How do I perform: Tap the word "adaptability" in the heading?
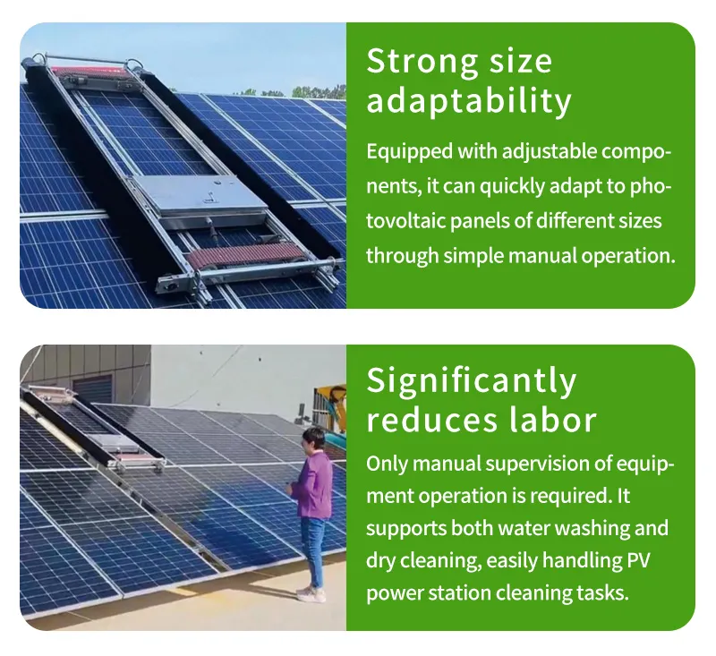(468, 102)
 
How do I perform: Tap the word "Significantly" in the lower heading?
(471, 381)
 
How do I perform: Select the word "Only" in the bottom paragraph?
(386, 464)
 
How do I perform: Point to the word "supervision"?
(553, 464)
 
